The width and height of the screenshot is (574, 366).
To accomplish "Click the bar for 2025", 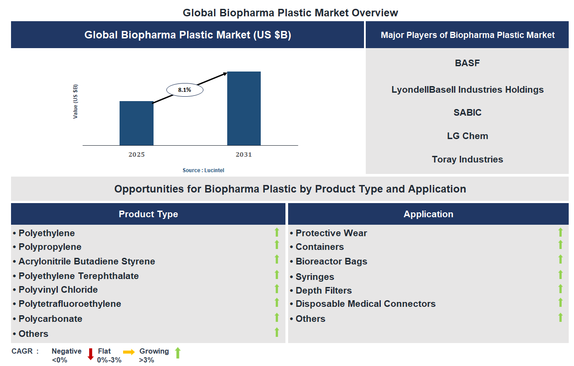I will (136, 123).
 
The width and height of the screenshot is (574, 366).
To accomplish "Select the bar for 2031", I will (244, 108).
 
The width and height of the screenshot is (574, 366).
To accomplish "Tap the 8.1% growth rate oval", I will (184, 90).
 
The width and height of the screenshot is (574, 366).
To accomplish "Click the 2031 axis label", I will (244, 155).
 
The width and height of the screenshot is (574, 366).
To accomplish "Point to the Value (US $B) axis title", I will (75, 101).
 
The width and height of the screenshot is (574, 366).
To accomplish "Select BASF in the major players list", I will (467, 63).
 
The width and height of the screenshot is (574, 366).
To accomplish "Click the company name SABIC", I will (467, 113).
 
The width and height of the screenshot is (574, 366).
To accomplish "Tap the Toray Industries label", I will (467, 159).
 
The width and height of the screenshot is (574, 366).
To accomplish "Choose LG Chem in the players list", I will (467, 136).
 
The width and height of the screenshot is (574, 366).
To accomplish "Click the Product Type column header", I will (148, 214).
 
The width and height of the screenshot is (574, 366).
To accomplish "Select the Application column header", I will (428, 214).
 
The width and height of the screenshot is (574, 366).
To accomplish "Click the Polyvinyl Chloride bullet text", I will (58, 290).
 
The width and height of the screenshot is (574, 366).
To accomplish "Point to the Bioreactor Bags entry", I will (331, 261).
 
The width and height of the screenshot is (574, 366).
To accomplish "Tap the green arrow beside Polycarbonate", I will (277, 317).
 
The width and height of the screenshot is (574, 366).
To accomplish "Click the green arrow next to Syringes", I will (560, 275).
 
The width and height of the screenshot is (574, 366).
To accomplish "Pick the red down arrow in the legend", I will (90, 354).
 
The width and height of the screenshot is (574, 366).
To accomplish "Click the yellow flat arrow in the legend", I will (129, 352).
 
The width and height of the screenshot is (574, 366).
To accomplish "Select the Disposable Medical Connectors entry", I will (365, 304).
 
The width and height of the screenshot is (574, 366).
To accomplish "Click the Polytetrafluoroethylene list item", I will (69, 304).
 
